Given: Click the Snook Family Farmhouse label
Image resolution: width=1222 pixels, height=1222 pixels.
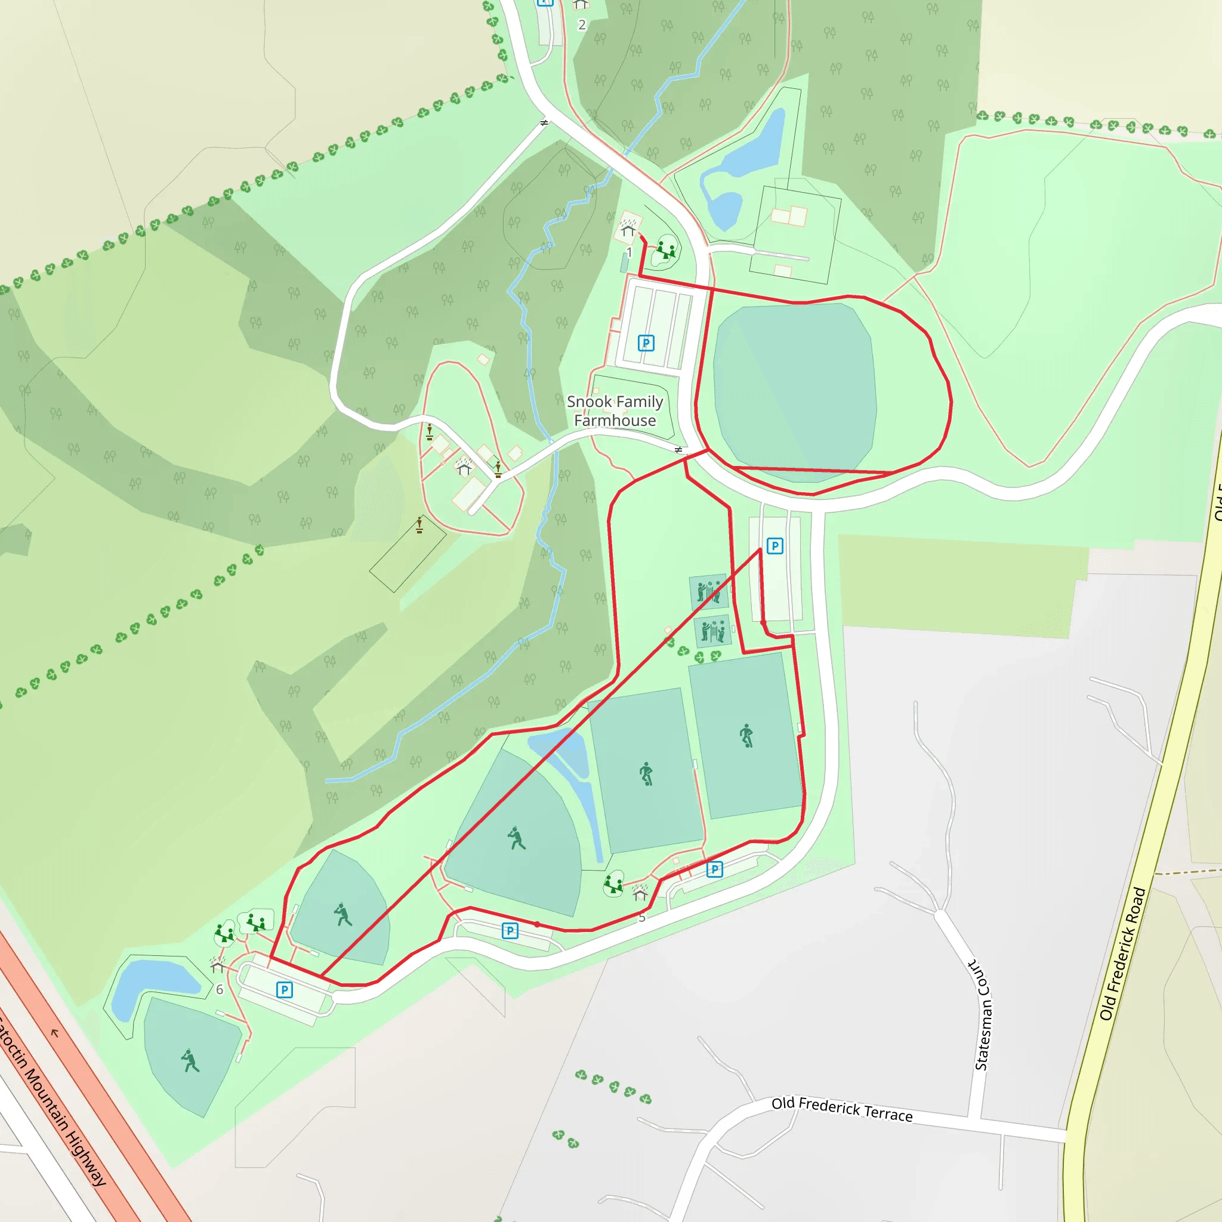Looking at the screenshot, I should (x=615, y=411).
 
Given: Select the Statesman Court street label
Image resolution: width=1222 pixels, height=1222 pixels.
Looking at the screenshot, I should (x=982, y=1014).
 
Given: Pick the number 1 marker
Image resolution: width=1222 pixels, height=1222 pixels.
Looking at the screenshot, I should (x=629, y=252).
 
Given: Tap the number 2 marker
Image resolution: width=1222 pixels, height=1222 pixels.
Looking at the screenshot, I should (x=582, y=25).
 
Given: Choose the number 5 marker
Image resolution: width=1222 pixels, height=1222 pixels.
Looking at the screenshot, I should (x=642, y=918).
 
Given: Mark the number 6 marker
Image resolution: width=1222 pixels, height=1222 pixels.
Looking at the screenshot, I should (x=220, y=989).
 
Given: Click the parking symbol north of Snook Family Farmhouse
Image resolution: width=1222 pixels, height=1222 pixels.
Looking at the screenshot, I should (x=646, y=343).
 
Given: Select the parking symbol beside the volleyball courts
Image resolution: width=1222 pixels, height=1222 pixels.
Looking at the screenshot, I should (x=775, y=546).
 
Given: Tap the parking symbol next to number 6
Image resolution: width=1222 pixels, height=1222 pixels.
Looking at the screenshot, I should (x=285, y=990).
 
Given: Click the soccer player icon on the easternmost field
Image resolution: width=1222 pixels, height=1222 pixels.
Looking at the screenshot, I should (x=746, y=736).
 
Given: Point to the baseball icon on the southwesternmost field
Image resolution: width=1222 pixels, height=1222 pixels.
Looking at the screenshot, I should (x=190, y=1061).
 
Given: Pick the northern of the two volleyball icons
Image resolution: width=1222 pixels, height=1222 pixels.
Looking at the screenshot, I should (x=708, y=592).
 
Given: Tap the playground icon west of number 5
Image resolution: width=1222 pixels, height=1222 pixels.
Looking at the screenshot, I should (x=613, y=884).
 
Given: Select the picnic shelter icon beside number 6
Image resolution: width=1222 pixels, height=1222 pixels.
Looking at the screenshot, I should (x=218, y=965).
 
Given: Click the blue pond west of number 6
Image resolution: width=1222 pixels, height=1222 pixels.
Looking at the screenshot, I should (x=152, y=981).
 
